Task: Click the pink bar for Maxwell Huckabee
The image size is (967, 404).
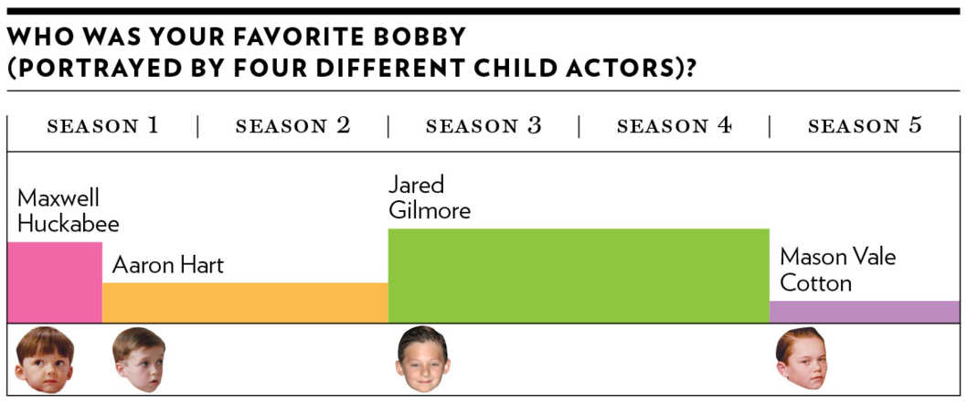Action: click(x=55, y=282)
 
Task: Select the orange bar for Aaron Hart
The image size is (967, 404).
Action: click(x=245, y=303)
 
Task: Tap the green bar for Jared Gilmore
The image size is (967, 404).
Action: click(x=579, y=275)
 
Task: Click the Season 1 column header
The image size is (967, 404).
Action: click(x=103, y=126)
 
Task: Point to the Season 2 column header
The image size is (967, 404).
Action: click(x=293, y=126)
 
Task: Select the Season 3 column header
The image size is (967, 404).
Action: click(x=483, y=126)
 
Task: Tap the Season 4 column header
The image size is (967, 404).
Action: click(x=674, y=126)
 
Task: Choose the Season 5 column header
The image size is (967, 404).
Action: click(x=865, y=126)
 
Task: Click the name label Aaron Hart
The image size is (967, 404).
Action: click(x=168, y=265)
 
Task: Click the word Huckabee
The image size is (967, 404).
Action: click(x=68, y=224)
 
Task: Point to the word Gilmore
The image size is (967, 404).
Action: click(x=430, y=211)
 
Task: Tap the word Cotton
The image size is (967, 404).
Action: click(x=815, y=283)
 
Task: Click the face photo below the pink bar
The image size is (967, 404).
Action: click(x=45, y=359)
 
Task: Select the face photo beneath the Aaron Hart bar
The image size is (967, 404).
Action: click(x=139, y=359)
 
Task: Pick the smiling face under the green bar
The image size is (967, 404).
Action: click(x=422, y=359)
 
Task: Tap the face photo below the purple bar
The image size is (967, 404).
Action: click(x=802, y=358)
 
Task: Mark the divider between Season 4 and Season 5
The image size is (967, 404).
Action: click(x=770, y=126)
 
